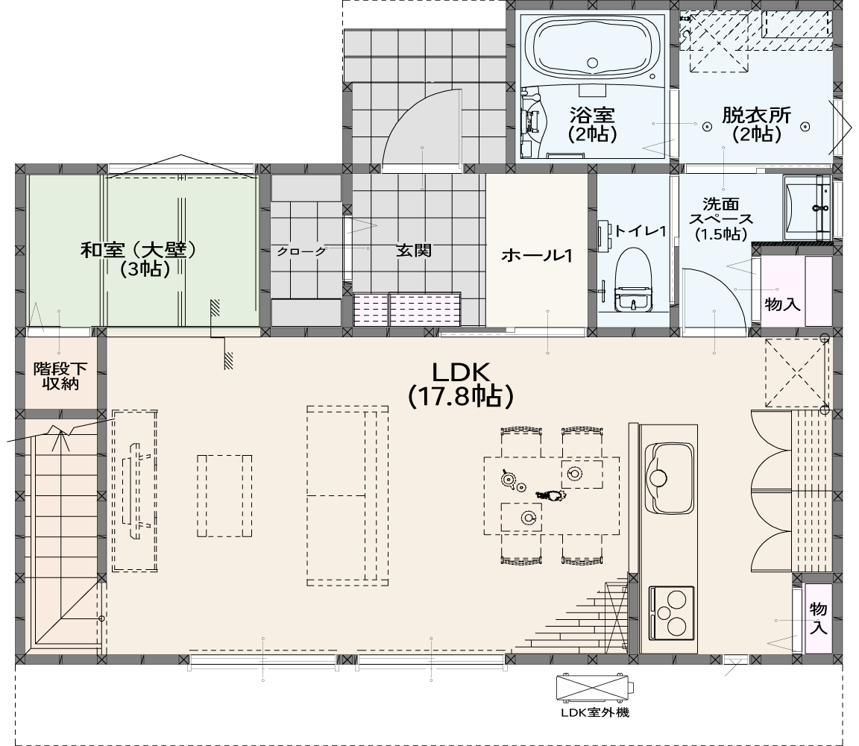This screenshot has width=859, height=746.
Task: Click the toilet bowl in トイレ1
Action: [634, 280]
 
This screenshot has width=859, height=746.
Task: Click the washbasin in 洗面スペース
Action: [807, 207]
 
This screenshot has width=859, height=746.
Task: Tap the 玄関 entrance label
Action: [414, 251]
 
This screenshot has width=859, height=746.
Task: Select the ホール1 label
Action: [536, 255]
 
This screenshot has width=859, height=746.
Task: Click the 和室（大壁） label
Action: [138, 251]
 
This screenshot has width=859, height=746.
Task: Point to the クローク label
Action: [301, 251]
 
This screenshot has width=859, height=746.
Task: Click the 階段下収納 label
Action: [60, 376]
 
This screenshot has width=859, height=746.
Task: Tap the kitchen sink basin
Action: [669, 477]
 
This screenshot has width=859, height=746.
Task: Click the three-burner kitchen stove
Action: [672, 613]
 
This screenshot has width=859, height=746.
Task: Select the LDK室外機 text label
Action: [595, 712]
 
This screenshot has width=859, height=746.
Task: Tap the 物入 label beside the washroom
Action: [781, 303]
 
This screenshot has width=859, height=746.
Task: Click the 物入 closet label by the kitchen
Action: [818, 617]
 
